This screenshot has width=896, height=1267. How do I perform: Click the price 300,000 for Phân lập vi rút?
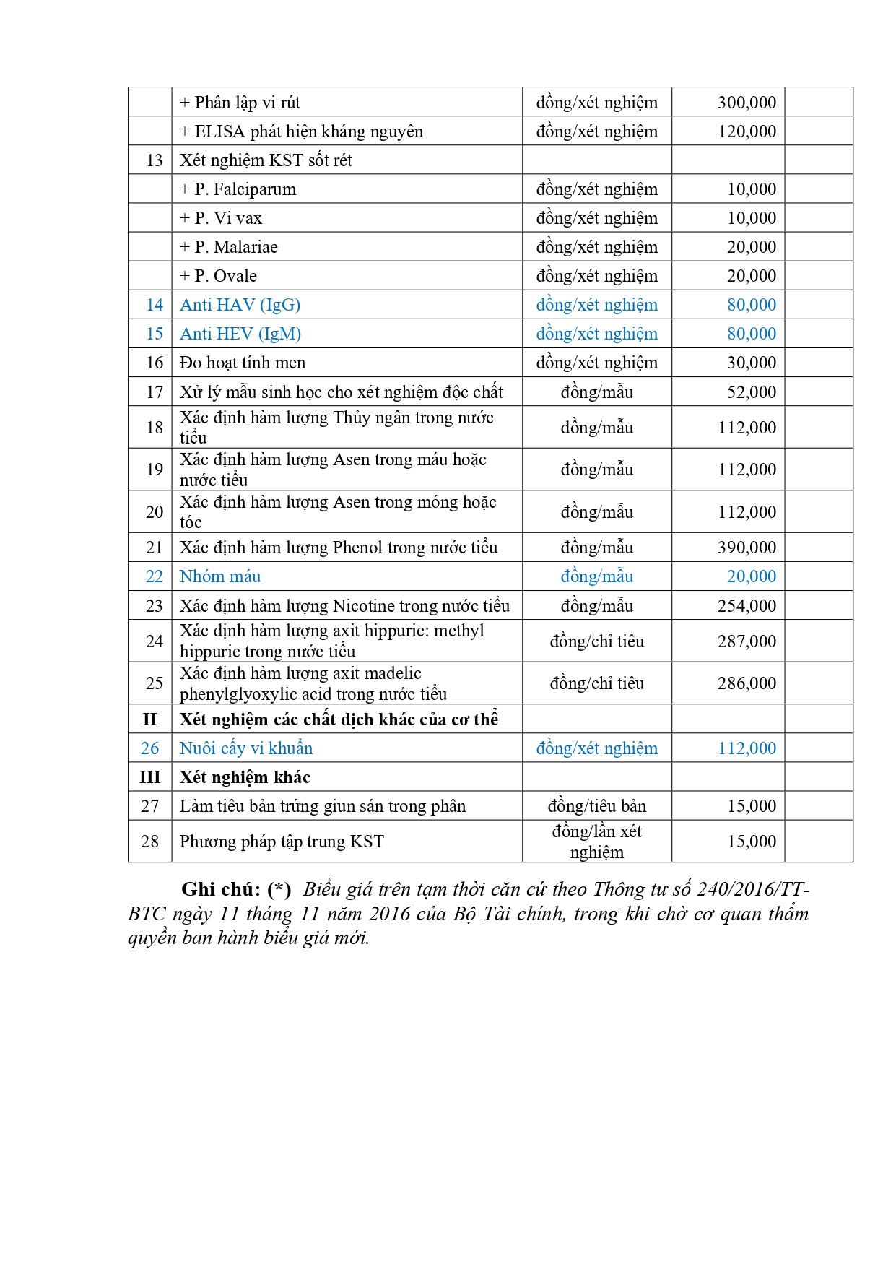click(747, 103)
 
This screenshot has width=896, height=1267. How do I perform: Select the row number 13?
click(155, 160)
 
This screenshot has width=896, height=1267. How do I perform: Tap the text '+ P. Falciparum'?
click(238, 189)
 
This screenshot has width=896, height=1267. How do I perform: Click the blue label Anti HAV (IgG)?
click(240, 305)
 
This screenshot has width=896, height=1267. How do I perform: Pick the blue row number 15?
click(155, 334)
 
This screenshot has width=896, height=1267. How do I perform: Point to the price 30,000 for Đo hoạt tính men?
click(751, 363)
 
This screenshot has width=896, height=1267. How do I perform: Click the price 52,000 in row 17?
click(751, 392)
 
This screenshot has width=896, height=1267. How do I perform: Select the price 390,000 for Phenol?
click(747, 548)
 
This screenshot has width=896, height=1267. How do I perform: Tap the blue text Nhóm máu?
click(220, 576)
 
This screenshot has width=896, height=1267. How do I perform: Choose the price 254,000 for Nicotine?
click(747, 606)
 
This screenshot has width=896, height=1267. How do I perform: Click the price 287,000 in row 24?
click(747, 641)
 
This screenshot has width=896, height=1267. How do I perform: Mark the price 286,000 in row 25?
click(747, 683)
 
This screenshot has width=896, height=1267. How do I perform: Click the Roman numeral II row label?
click(149, 719)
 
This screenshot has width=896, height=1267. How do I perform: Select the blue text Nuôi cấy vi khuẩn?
click(246, 748)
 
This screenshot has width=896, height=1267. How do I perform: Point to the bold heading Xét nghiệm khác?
click(245, 777)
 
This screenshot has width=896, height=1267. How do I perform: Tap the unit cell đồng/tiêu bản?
click(597, 806)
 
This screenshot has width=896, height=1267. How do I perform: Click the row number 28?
click(149, 842)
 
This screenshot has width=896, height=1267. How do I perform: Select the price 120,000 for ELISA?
click(747, 131)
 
